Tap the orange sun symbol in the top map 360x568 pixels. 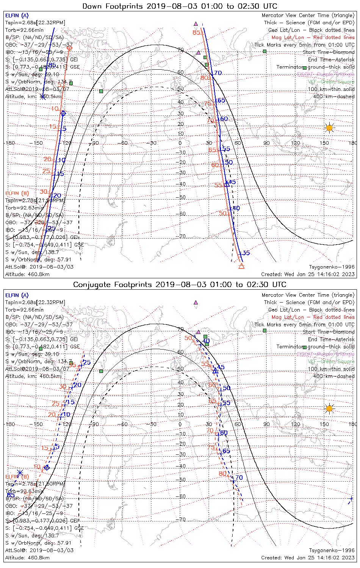click(329, 128)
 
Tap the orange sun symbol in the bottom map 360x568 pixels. click(329, 409)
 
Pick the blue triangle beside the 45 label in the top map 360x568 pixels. click(227, 184)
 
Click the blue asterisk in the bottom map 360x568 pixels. click(20, 473)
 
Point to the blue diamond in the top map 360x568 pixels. click(63, 113)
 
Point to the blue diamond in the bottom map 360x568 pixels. click(47, 468)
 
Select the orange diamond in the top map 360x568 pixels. click(69, 48)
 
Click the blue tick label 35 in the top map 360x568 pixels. click(246, 253)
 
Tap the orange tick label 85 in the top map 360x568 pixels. click(196, 33)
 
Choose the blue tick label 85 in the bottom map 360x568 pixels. click(11, 495)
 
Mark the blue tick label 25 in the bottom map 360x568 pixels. click(87, 362)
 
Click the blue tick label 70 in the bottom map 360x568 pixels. click(239, 477)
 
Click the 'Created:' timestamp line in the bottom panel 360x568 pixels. click(308, 557)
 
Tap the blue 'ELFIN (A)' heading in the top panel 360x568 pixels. click(17, 16)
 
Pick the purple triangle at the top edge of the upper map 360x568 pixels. click(196, 23)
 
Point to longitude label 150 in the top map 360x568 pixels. click(324, 143)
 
